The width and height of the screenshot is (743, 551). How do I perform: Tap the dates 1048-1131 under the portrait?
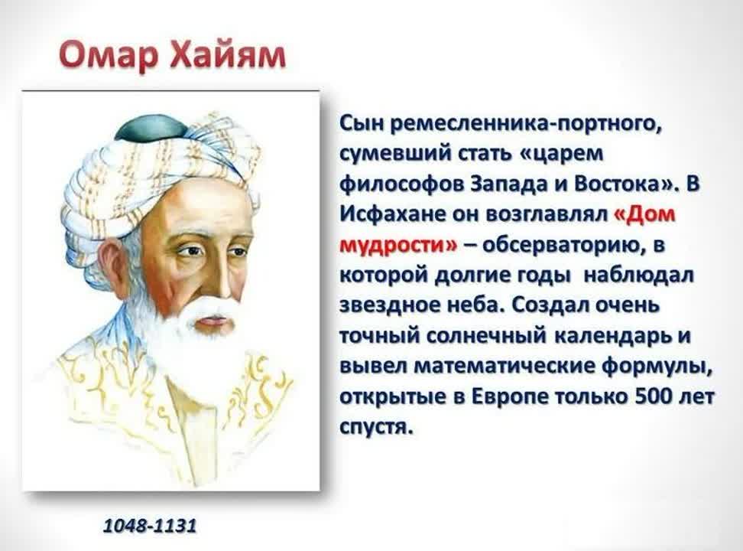coord(150,525)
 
